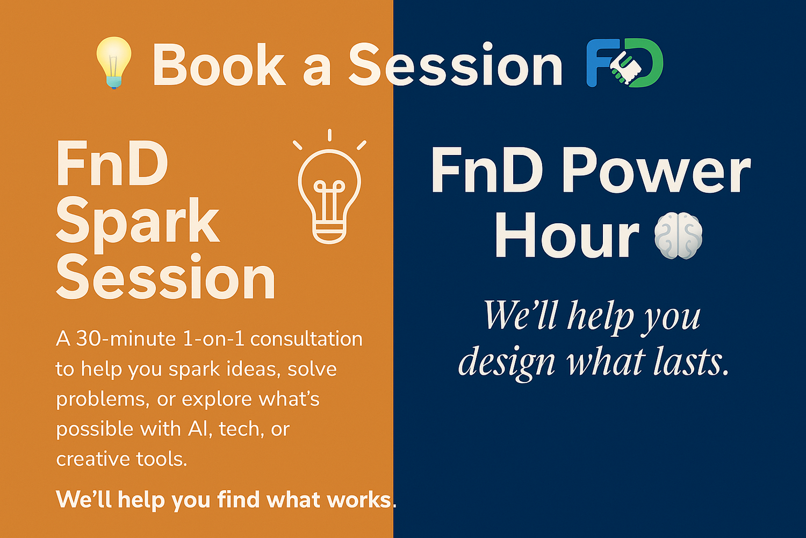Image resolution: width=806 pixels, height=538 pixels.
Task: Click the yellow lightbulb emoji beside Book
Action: pyautogui.click(x=113, y=62)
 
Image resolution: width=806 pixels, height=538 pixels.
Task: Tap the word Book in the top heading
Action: pyautogui.click(x=219, y=66)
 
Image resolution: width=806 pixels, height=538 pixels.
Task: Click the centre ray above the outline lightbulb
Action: pyautogui.click(x=329, y=135)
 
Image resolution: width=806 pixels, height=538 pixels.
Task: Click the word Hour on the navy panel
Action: pyautogui.click(x=566, y=236)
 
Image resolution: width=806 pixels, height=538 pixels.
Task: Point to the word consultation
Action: pyautogui.click(x=306, y=339)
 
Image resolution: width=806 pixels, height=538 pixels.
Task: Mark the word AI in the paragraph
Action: pyautogui.click(x=198, y=429)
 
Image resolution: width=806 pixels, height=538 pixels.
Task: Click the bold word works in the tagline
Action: pyautogui.click(x=359, y=500)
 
